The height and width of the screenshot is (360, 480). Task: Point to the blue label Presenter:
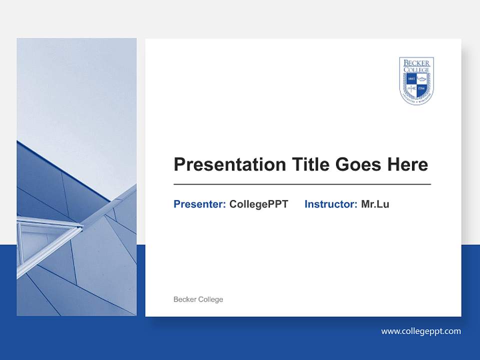coord(199,204)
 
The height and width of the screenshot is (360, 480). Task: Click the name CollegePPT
coord(258,204)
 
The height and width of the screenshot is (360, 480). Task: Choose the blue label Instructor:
coord(330,204)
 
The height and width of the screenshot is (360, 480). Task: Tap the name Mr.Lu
coord(375,204)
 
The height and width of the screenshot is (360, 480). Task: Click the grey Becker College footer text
coord(198,299)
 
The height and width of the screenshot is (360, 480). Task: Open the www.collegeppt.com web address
coord(420,331)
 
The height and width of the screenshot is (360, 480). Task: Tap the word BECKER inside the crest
coord(416,62)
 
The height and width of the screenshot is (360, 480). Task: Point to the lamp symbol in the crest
coord(421,79)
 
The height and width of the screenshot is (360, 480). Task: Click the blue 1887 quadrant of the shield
coord(411,79)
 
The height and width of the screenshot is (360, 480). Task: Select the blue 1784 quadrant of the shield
coord(421,88)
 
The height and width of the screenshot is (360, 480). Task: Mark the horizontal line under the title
coord(302,184)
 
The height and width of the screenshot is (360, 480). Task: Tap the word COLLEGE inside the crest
coord(416,69)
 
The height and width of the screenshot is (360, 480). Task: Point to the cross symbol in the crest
coord(411,88)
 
